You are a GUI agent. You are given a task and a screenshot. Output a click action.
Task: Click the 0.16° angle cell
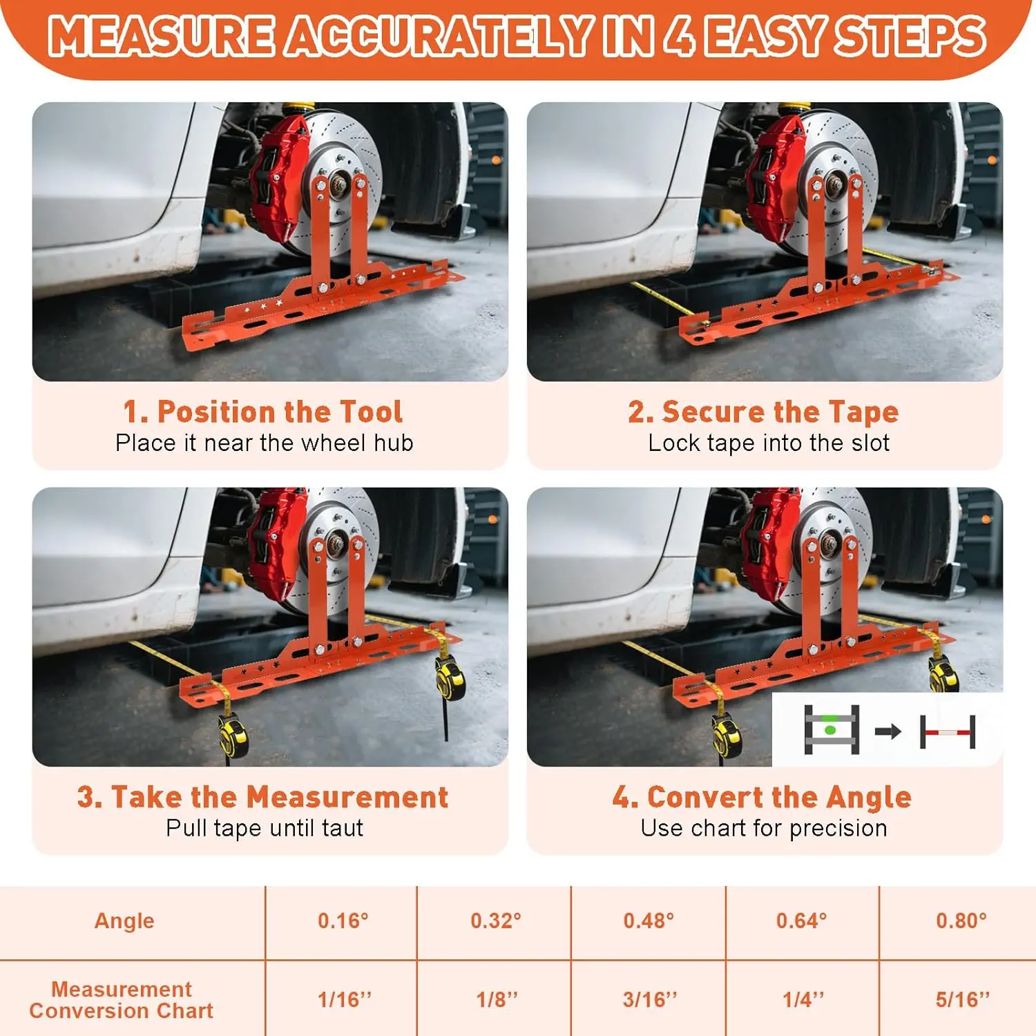pyautogui.click(x=343, y=921)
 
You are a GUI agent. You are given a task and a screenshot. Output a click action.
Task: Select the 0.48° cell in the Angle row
pyautogui.click(x=649, y=921)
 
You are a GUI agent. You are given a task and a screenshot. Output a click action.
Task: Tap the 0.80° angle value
pyautogui.click(x=961, y=921)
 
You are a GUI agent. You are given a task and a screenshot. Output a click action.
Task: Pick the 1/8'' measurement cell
pyautogui.click(x=497, y=999)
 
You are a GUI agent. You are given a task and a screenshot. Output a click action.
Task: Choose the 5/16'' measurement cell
pyautogui.click(x=963, y=999)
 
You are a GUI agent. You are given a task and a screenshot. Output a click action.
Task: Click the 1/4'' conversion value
pyautogui.click(x=803, y=999)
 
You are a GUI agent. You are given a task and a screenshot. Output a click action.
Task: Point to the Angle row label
pyautogui.click(x=124, y=921)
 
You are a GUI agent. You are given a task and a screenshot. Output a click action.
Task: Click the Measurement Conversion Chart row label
pyautogui.click(x=122, y=1000)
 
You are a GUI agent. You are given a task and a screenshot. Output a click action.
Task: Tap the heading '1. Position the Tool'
pyautogui.click(x=263, y=412)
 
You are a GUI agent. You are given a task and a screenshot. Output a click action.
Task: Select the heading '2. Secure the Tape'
pyautogui.click(x=763, y=412)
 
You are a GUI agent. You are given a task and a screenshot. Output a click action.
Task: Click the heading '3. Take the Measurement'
pyautogui.click(x=263, y=797)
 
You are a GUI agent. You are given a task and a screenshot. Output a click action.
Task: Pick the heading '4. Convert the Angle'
pyautogui.click(x=762, y=798)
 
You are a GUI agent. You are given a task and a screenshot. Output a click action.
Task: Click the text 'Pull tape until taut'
pyautogui.click(x=265, y=827)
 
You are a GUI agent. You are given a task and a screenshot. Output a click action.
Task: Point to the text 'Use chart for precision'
pyautogui.click(x=764, y=827)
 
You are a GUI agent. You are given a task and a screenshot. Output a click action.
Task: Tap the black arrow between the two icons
pyautogui.click(x=888, y=731)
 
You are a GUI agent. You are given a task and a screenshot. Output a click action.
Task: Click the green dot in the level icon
pyautogui.click(x=830, y=729)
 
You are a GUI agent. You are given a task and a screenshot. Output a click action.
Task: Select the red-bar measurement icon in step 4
pyautogui.click(x=948, y=731)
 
